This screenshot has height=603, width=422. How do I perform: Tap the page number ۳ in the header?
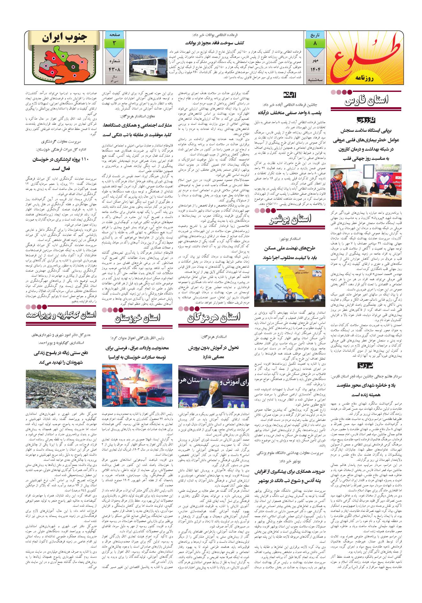114,43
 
